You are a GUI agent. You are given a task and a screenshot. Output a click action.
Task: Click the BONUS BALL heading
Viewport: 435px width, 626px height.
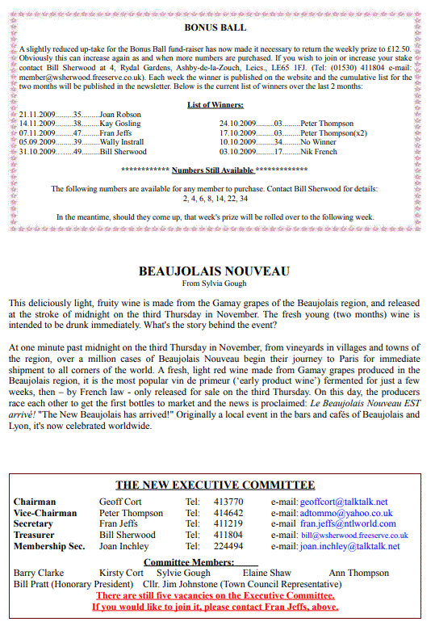(215, 27)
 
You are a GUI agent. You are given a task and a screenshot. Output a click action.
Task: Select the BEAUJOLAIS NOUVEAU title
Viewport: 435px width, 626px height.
(214, 271)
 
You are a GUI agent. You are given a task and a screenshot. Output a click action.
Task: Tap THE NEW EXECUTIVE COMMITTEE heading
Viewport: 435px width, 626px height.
(215, 485)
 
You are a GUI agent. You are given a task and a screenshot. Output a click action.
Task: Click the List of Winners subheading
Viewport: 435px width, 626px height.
(215, 105)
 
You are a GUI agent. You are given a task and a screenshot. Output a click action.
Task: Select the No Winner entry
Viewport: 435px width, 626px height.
(318, 141)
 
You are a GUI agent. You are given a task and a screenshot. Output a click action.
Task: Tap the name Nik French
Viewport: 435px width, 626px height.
(319, 151)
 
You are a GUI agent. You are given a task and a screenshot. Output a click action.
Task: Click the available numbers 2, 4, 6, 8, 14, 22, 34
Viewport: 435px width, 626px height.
(215, 199)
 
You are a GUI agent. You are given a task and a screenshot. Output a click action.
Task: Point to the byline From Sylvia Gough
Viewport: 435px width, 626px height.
(214, 284)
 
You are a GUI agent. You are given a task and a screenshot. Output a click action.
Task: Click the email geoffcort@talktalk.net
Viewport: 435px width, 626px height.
(343, 502)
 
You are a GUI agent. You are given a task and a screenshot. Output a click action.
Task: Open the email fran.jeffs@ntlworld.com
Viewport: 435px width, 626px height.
(349, 524)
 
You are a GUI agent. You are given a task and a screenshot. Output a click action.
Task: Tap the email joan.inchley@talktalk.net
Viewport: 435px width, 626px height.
(349, 546)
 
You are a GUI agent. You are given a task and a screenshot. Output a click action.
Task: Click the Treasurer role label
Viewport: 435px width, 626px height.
(36, 535)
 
